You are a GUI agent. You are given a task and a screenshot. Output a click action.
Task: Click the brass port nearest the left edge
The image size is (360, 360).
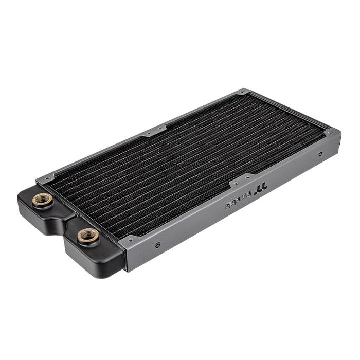[x=41, y=200]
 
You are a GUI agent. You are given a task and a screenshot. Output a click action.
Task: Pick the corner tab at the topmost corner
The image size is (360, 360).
[x=243, y=93]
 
